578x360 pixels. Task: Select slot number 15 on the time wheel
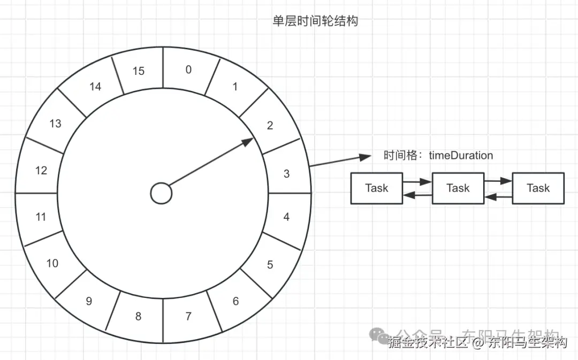coord(139,71)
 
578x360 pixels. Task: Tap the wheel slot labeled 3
coord(287,173)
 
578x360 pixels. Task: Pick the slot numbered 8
coord(138,316)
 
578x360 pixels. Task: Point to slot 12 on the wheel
coord(41,171)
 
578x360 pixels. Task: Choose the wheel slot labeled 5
coord(270,265)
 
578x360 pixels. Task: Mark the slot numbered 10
coord(52,263)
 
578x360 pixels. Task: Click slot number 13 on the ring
coord(55,124)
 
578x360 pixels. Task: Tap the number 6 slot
coord(235,301)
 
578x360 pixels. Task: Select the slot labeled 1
coord(235,87)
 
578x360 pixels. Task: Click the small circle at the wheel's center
coord(161,193)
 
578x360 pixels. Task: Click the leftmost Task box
coord(377,188)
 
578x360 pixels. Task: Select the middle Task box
coord(458,188)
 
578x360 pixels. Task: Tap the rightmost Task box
coord(538,188)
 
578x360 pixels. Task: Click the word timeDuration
coord(461,156)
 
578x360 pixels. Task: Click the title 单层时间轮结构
coord(315,21)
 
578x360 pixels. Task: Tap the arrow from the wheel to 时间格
coord(340,161)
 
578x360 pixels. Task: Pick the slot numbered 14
coord(95,86)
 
